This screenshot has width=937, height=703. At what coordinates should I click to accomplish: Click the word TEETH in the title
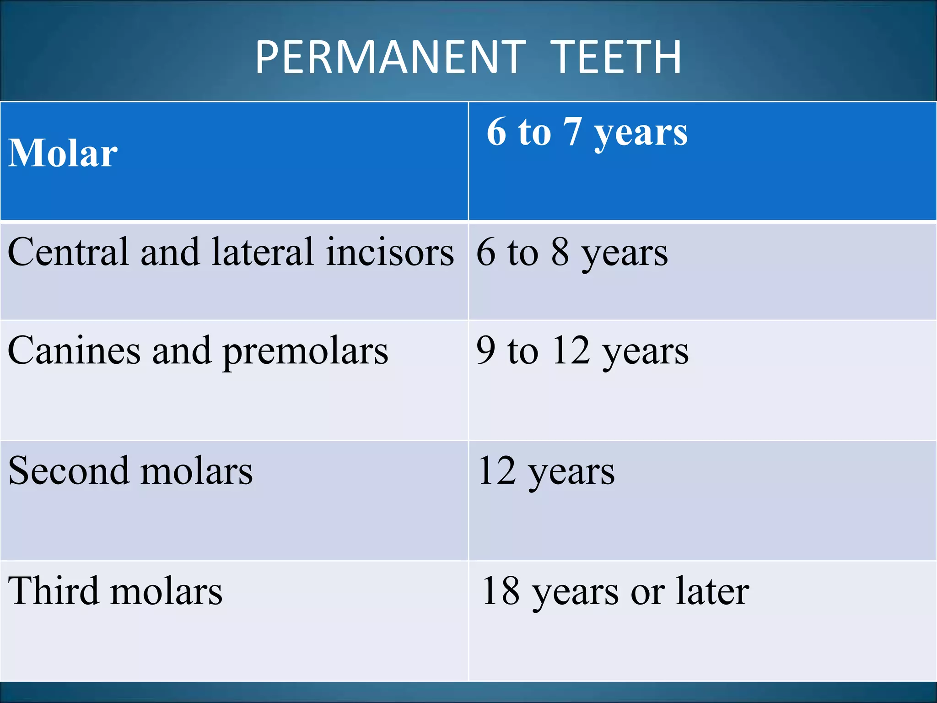(616, 57)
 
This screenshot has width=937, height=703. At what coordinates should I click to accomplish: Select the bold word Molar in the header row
(63, 153)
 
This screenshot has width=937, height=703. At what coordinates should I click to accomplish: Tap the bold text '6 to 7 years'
(587, 133)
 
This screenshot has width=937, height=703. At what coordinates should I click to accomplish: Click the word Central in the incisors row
(68, 252)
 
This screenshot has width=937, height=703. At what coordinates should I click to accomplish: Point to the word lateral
(262, 252)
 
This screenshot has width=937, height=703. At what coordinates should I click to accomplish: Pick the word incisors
(390, 252)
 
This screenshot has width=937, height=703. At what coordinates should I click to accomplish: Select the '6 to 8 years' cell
(572, 253)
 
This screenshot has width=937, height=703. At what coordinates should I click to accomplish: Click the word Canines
(74, 351)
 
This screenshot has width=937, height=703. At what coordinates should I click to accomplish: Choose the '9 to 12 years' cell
(582, 351)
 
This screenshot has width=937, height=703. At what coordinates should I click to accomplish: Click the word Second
(68, 471)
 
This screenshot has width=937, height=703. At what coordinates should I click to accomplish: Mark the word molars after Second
(196, 471)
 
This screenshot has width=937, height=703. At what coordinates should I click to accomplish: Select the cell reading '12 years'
(546, 472)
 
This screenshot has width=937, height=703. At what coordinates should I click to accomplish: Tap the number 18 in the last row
(501, 591)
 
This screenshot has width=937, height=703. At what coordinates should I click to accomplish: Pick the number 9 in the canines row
(486, 351)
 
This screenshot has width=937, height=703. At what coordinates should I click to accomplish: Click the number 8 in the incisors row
(560, 252)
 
